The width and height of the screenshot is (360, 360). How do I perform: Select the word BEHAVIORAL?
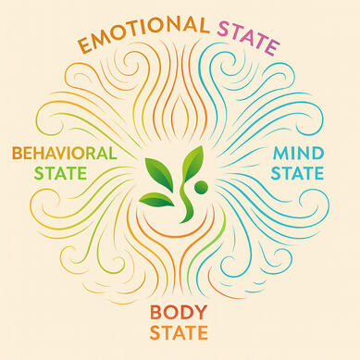65,154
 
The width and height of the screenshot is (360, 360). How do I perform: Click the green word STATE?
60,173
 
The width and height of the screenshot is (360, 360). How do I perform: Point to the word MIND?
298,154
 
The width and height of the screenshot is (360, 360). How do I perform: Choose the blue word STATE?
297,173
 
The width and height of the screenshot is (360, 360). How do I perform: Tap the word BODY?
178,313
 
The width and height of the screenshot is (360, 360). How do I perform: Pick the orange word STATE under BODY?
179,332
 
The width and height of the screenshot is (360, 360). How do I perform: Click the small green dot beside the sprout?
201,188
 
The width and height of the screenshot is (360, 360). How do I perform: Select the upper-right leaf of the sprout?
192,164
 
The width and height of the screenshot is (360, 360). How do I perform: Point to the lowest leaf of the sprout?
156,199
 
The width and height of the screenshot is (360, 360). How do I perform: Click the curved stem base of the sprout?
186,205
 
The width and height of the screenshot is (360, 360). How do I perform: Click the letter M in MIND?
280,154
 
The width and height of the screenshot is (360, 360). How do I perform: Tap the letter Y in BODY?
199,313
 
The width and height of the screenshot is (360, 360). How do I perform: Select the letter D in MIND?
317,154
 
